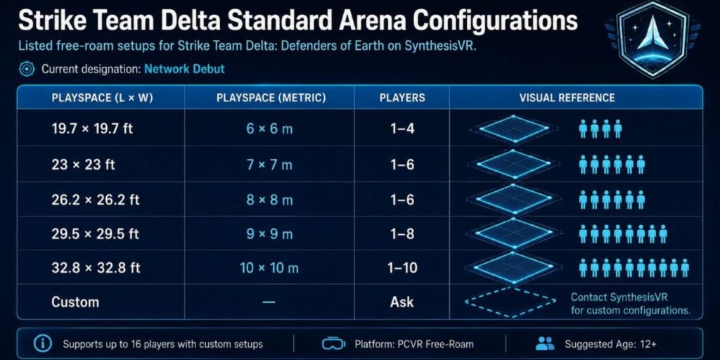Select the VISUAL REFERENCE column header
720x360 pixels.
pyautogui.click(x=567, y=98)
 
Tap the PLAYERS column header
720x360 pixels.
pyautogui.click(x=402, y=98)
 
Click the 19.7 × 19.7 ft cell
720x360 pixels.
pyautogui.click(x=92, y=129)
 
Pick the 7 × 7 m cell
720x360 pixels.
pyautogui.click(x=269, y=165)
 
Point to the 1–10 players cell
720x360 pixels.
pyautogui.click(x=401, y=268)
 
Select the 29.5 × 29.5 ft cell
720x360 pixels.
pyautogui.click(x=95, y=233)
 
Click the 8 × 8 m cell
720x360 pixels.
pyautogui.click(x=269, y=200)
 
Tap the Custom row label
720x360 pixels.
pyautogui.click(x=75, y=302)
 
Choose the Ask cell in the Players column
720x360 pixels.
pyautogui.click(x=401, y=302)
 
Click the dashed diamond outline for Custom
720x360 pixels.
pyautogui.click(x=510, y=302)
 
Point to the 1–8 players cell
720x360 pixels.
pyautogui.click(x=401, y=233)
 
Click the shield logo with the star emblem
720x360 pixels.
pyautogui.click(x=652, y=39)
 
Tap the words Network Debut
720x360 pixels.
pyautogui.click(x=185, y=70)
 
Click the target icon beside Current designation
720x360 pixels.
pyautogui.click(x=27, y=70)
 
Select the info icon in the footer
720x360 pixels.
pyautogui.click(x=43, y=343)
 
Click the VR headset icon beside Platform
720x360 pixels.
pyautogui.click(x=334, y=343)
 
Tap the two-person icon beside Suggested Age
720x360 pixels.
pyautogui.click(x=545, y=343)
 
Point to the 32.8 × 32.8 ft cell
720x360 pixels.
pyautogui.click(x=96, y=268)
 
